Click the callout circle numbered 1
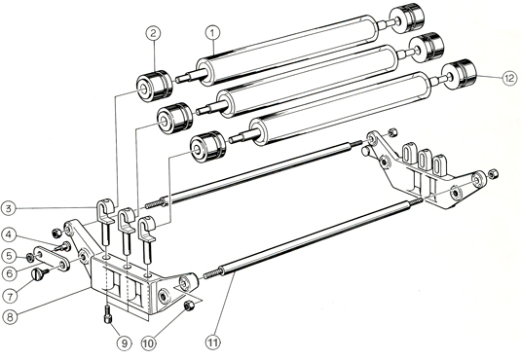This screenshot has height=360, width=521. tap(212, 33)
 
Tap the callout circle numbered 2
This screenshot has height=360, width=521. tap(153, 33)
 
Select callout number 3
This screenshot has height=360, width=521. tap(9, 208)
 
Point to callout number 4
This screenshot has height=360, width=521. tap(9, 235)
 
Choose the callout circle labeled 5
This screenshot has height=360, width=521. tap(9, 256)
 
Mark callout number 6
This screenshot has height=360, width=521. tap(9, 273)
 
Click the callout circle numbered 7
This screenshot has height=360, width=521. tap(10, 296)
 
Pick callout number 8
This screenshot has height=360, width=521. tap(10, 316)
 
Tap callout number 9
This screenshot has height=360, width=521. tap(124, 343)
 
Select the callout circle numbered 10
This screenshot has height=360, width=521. tap(149, 343)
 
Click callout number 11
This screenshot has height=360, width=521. tap(213, 342)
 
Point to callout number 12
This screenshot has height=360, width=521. tap(509, 79)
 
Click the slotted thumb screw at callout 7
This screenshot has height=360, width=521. tap(39, 274)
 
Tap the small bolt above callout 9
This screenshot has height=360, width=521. tap(108, 314)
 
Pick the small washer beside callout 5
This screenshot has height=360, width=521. tap(29, 257)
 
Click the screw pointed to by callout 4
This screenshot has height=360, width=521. tap(62, 247)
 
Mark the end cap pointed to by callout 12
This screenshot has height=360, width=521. tap(460, 74)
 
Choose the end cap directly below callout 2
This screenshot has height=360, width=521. tap(155, 85)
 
